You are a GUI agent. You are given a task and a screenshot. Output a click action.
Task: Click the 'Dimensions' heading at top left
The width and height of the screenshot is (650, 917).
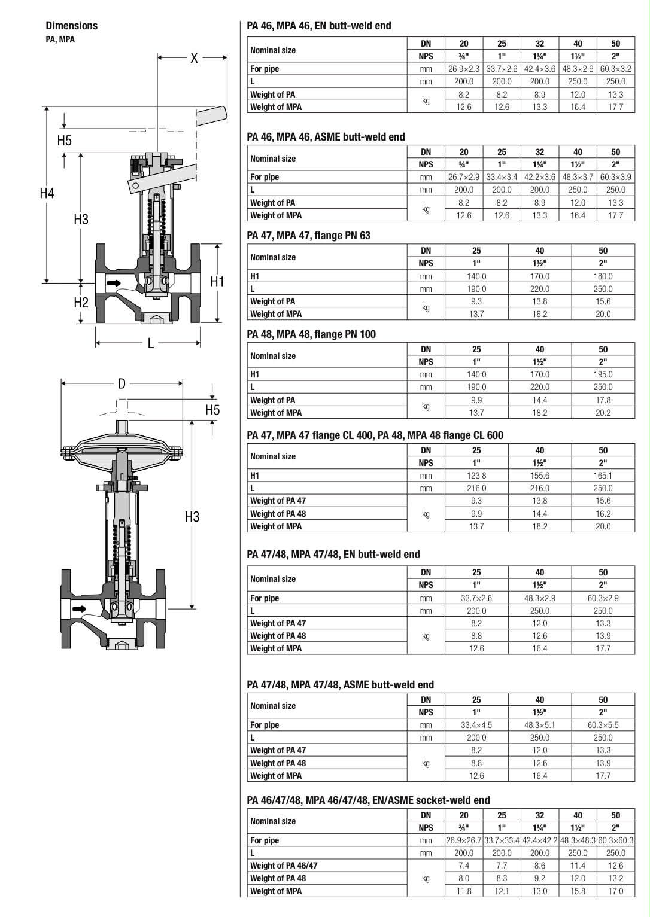click(x=72, y=25)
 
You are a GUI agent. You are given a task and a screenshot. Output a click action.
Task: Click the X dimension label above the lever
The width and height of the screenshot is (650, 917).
click(x=194, y=57)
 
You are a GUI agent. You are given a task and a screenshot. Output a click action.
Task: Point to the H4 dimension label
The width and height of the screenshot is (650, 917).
click(x=47, y=193)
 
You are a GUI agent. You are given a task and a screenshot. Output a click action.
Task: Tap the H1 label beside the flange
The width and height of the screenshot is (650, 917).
click(x=217, y=281)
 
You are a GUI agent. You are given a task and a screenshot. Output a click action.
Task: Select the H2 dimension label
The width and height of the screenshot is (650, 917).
click(x=81, y=303)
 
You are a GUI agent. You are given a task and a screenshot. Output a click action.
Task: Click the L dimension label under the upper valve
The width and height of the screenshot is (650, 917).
click(x=151, y=343)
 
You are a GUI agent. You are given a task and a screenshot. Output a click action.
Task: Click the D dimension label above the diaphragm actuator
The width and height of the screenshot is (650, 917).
click(x=122, y=383)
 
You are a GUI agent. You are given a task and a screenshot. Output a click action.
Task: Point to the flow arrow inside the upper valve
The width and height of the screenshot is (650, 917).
click(x=114, y=283)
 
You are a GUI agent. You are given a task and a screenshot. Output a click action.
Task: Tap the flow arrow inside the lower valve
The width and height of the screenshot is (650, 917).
click(x=79, y=609)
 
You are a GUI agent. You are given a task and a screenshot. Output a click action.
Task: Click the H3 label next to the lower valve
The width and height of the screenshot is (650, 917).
click(x=192, y=517)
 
